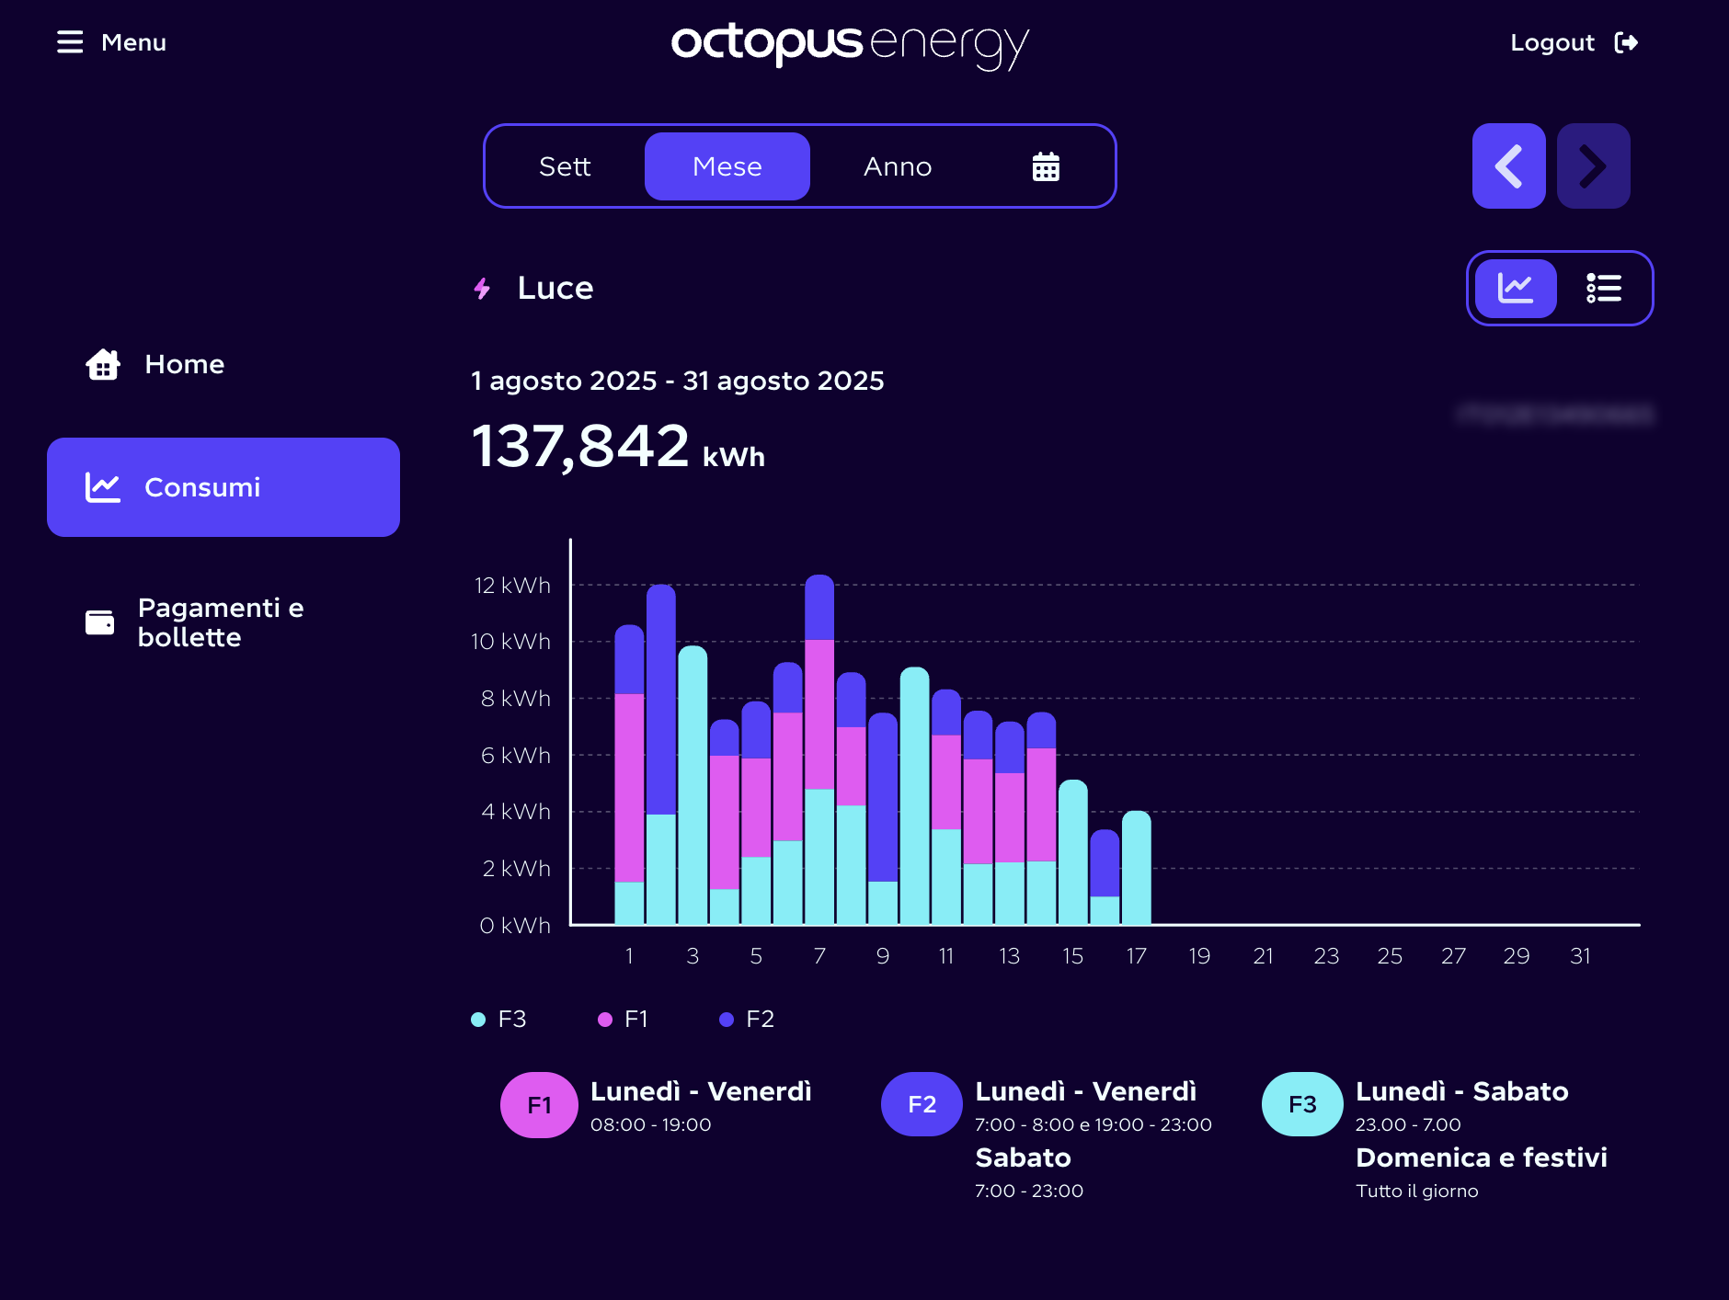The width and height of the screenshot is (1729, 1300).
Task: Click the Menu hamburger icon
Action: (70, 42)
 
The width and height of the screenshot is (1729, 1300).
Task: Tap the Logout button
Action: (1574, 42)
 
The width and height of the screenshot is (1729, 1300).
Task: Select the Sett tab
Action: (565, 166)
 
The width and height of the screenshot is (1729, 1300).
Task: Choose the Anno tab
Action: (898, 166)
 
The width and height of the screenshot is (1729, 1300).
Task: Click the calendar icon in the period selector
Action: (1046, 166)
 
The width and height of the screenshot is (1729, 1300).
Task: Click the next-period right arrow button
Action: (1593, 166)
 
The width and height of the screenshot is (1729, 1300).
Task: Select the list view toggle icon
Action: (1603, 289)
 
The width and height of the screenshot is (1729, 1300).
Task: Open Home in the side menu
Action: (184, 364)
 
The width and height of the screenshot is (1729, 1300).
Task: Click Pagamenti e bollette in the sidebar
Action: (221, 622)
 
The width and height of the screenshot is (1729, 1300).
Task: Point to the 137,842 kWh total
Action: (617, 447)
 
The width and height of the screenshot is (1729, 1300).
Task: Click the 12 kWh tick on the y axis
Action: (512, 586)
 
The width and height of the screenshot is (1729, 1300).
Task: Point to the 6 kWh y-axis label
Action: (515, 756)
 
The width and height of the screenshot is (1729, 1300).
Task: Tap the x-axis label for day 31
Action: (1580, 956)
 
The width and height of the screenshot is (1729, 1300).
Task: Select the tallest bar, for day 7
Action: (819, 749)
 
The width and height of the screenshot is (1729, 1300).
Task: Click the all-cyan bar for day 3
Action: (693, 786)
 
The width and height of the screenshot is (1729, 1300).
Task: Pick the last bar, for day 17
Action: (1137, 868)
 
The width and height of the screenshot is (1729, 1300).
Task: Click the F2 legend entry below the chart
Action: (748, 1019)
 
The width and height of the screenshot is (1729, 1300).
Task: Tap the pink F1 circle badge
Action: (539, 1105)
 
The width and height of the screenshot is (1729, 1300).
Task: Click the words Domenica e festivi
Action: (1481, 1157)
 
